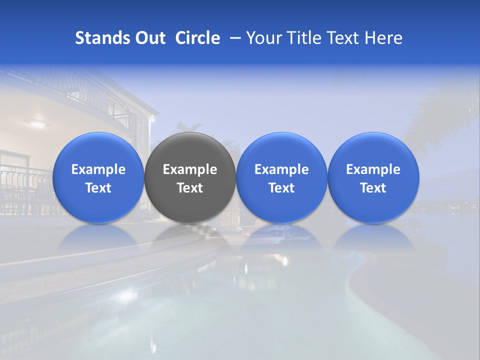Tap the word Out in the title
coord(149,38)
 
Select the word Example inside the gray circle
coord(190,169)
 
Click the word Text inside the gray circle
coord(190,188)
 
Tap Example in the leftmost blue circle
coord(98,169)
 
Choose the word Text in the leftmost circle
coord(98,188)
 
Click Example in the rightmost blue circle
coord(373,169)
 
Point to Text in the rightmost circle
coord(373,188)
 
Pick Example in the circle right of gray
coord(281,169)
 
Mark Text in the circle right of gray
coord(281,188)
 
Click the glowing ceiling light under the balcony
coord(37,123)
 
